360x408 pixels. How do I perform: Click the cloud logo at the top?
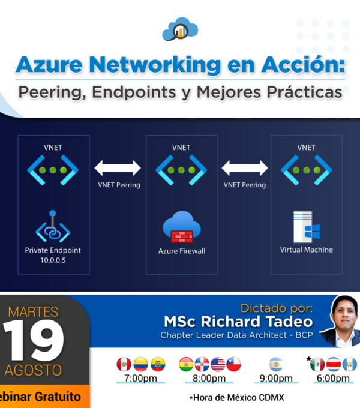pos(180,29)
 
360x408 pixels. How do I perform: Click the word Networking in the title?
pos(155,65)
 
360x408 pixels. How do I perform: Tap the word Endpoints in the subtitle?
pos(134,92)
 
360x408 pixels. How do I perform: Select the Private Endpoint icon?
pos(53,226)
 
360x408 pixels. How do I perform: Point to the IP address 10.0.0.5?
pos(53,260)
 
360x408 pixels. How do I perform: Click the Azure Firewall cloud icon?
pos(182,227)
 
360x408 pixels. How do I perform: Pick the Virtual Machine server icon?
pos(307,227)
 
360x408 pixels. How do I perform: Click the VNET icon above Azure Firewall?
pos(181,170)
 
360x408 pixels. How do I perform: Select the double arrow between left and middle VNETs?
pos(118,168)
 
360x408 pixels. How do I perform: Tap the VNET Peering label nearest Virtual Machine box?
pos(245,185)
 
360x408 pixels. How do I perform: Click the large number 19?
pos(33,340)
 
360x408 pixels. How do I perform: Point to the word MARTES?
pos(33,312)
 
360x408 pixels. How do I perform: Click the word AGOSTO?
pos(33,370)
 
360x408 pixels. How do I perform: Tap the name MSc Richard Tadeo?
pos(238,322)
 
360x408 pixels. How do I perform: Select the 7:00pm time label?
pos(141,378)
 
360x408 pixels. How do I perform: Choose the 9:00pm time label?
pos(276,378)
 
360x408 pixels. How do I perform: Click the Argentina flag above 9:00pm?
pos(276,364)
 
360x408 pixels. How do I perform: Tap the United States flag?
pos(218,364)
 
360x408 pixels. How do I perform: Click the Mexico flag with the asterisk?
pos(317,364)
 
